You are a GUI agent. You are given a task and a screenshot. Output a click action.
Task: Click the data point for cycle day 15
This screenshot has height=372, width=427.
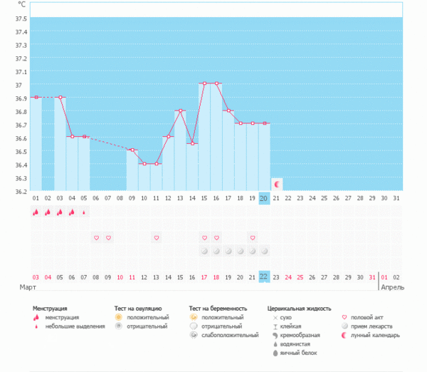(x=204, y=83)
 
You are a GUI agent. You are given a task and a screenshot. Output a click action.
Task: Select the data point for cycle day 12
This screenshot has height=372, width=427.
(x=168, y=137)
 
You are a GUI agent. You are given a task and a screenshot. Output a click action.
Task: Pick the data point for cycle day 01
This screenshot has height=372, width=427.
(x=36, y=97)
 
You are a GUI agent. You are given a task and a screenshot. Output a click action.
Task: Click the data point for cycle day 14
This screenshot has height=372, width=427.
(x=192, y=144)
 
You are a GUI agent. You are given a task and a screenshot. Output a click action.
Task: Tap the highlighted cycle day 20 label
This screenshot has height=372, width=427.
(x=264, y=199)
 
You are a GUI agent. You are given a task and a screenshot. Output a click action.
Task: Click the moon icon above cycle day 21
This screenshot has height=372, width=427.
(x=276, y=183)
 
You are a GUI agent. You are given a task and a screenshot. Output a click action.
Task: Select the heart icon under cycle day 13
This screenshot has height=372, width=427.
(x=156, y=237)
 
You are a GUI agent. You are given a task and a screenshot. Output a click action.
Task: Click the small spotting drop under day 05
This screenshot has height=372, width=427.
(x=84, y=212)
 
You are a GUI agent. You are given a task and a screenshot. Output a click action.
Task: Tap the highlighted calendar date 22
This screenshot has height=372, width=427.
(x=264, y=277)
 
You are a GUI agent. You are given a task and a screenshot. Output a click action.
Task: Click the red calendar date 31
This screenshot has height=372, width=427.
(x=372, y=277)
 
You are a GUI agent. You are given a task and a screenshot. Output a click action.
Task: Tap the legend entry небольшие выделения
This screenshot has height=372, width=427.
(x=71, y=326)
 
